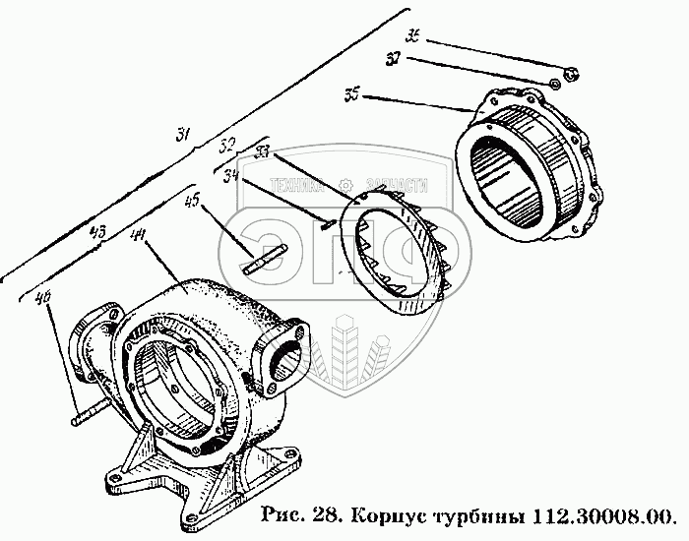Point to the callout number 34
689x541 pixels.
coord(233,177)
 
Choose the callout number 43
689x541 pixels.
coord(96,233)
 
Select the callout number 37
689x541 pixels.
coord(393,60)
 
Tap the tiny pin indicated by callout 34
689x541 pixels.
coord(330,224)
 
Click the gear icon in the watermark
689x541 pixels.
coord(344,185)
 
